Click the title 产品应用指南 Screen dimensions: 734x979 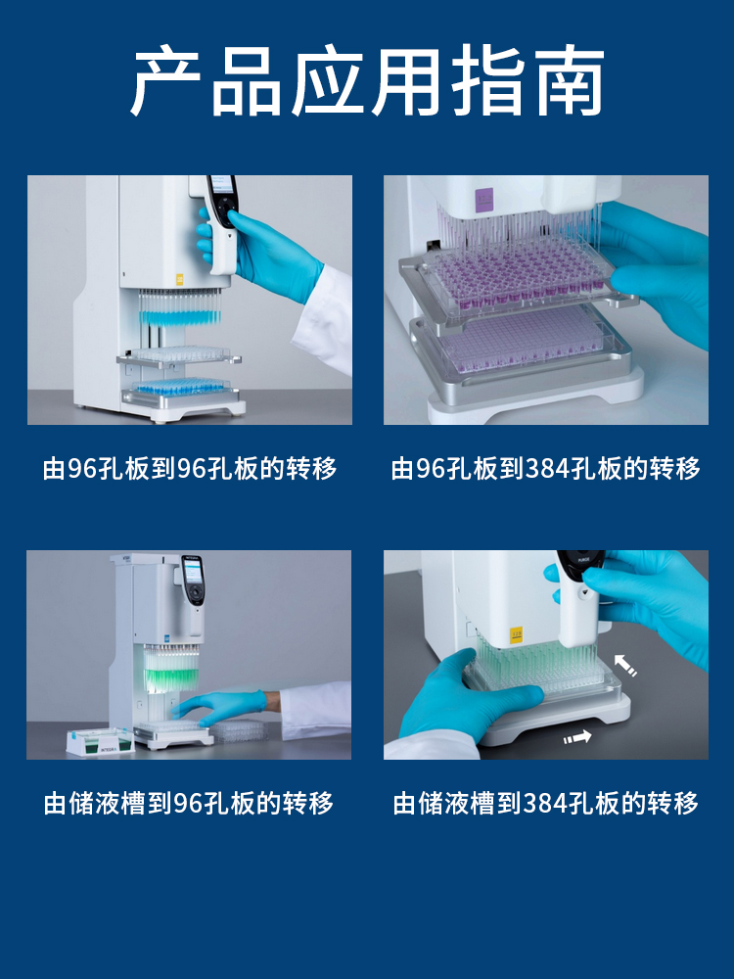point(367,81)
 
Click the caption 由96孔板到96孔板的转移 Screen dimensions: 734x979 point(190,468)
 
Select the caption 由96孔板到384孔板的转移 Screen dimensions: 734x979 point(545,468)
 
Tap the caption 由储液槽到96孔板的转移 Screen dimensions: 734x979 point(189,803)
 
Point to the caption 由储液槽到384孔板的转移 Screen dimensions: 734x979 point(545,803)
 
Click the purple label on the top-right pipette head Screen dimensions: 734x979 point(483,199)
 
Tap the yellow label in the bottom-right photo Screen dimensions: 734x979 point(516,635)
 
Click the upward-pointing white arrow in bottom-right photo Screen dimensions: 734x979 point(624,665)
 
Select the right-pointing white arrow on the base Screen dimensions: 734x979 point(577,737)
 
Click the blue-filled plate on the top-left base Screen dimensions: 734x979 point(180,386)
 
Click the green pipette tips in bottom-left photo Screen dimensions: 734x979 point(171,667)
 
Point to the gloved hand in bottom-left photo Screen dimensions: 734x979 point(219,706)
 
